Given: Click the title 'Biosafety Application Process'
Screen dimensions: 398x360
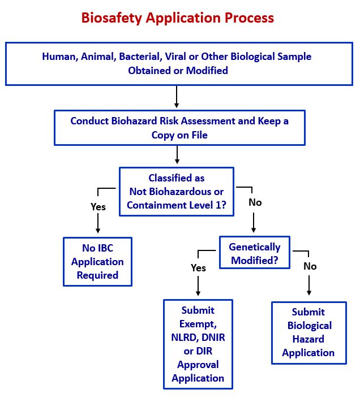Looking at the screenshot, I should pos(178,18).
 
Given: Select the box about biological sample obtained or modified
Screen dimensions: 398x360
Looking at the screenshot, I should pos(178,63).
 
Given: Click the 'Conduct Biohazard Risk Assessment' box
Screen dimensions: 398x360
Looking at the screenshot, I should pos(179,128).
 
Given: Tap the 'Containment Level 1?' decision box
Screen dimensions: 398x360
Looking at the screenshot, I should pos(176,192).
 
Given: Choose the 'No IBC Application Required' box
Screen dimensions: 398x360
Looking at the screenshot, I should pos(98,261).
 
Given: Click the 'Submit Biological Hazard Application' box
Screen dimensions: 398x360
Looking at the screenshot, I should pos(308,332).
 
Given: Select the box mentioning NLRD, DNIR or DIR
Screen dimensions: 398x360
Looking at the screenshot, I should pos(198,344).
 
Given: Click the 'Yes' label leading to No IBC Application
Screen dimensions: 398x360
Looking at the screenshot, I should pos(98,207).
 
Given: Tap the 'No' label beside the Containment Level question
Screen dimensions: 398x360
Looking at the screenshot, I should pos(255,202).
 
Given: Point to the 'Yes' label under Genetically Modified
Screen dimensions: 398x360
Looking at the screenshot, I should pos(198,268).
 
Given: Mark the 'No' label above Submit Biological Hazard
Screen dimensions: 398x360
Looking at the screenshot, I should pos(310,266).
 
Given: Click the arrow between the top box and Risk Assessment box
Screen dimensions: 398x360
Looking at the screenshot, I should pos(177,97).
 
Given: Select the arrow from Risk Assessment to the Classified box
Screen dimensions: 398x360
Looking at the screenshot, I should pos(177,155).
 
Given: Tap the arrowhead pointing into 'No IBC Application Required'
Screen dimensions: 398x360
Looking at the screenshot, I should pos(98,231).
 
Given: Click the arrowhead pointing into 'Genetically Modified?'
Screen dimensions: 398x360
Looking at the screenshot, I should pos(253,230).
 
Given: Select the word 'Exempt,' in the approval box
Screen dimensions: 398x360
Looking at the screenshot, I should pos(198,324).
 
